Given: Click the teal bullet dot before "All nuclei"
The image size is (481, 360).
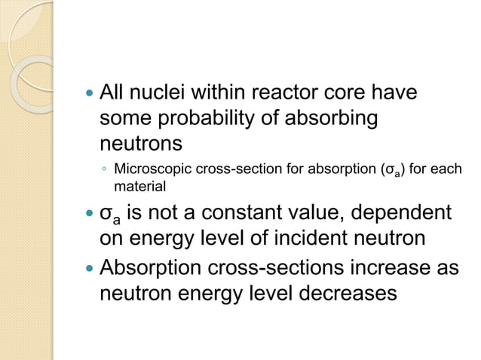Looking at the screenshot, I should pos(90,95).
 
